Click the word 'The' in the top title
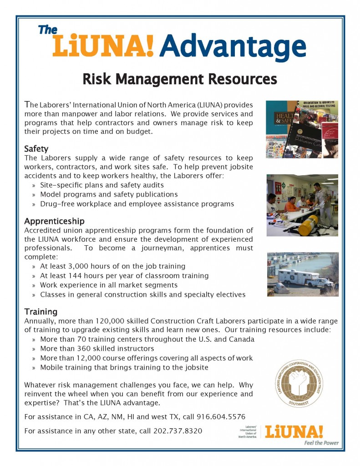click(x=48, y=30)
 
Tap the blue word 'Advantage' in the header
click(x=232, y=46)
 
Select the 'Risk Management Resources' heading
click(x=180, y=79)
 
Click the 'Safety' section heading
click(x=36, y=149)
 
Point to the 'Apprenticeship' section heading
click(x=54, y=221)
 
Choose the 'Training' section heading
click(x=41, y=312)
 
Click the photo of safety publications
click(x=302, y=129)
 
